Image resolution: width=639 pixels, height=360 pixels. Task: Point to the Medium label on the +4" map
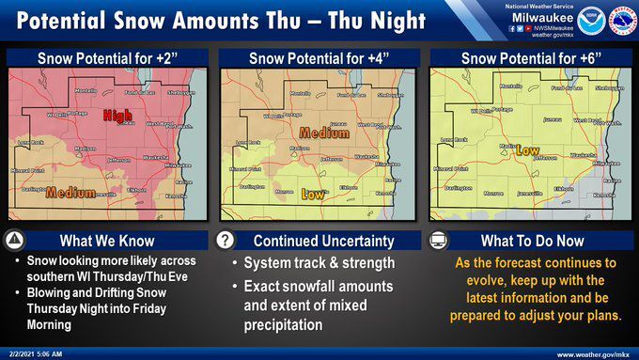(x=324, y=133)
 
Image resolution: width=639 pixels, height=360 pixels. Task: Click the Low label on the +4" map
(x=314, y=195)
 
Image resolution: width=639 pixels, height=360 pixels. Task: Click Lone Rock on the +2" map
(x=32, y=143)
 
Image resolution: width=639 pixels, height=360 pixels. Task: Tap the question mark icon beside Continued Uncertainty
(x=226, y=239)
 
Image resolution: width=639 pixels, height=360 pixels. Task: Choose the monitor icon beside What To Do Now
(x=437, y=239)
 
